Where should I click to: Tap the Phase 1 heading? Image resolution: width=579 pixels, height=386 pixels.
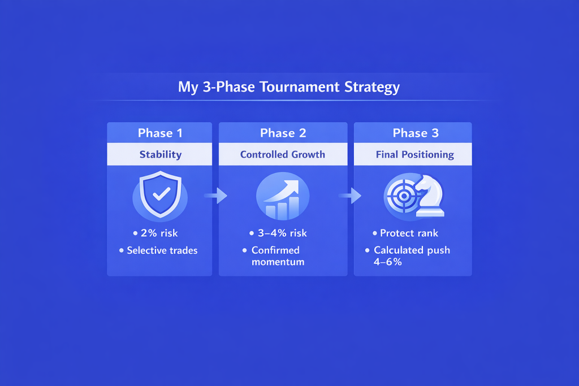pyautogui.click(x=160, y=133)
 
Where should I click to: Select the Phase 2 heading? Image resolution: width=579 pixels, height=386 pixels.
pyautogui.click(x=283, y=133)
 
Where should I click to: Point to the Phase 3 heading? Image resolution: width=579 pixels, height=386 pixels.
pyautogui.click(x=416, y=133)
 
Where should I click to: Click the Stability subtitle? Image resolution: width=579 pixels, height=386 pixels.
pyautogui.click(x=161, y=154)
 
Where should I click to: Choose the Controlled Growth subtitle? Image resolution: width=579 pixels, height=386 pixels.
pyautogui.click(x=283, y=154)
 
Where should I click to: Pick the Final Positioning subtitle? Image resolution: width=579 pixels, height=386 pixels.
pyautogui.click(x=415, y=154)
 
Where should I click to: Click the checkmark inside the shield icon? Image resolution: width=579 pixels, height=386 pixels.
pyautogui.click(x=161, y=194)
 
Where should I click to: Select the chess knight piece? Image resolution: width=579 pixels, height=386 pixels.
pyautogui.click(x=430, y=196)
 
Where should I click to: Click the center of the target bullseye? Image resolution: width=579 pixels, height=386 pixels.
pyautogui.click(x=404, y=196)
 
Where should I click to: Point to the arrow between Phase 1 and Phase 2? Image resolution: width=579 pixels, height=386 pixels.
pyautogui.click(x=216, y=196)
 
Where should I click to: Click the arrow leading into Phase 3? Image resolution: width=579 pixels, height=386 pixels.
pyautogui.click(x=350, y=196)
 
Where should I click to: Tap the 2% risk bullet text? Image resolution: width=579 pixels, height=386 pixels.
pyautogui.click(x=159, y=233)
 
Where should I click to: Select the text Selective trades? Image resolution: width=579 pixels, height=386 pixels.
pyautogui.click(x=162, y=250)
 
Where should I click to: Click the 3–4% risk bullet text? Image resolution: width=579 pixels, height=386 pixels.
pyautogui.click(x=283, y=233)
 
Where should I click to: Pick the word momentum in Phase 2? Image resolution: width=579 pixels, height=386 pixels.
pyautogui.click(x=278, y=262)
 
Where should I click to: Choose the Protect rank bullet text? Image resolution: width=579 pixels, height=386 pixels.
pyautogui.click(x=409, y=233)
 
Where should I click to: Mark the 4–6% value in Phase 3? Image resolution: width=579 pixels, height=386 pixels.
pyautogui.click(x=388, y=262)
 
